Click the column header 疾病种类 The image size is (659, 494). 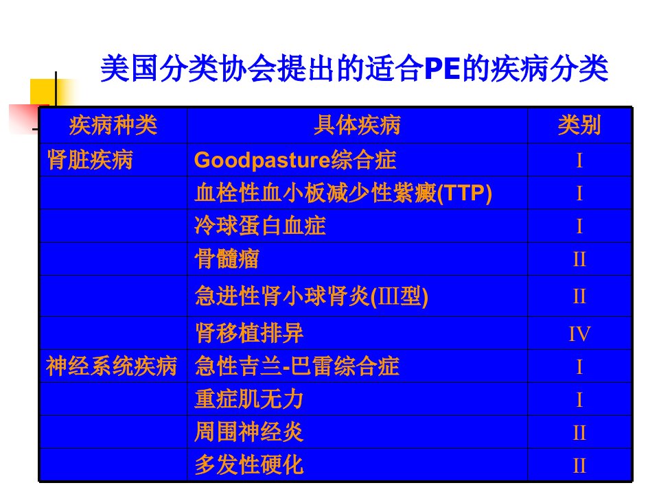tap(113, 125)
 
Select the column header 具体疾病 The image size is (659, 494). tap(357, 125)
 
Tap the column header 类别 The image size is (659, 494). tap(579, 125)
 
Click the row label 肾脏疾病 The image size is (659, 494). tap(90, 160)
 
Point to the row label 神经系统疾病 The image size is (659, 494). tap(111, 366)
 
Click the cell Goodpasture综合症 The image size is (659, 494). tap(295, 160)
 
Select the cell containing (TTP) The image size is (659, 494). tap(343, 193)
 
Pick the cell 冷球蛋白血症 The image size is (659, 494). tap(260, 226)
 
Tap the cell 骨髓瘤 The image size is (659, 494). tap(227, 259)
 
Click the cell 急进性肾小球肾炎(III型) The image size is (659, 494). tap(312, 296)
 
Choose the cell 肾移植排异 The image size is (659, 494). tap(249, 333)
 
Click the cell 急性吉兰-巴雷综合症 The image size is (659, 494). tap(297, 366)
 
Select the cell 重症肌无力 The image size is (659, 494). tap(249, 399)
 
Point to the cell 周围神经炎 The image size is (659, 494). tap(249, 432)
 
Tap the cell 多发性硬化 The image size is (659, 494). tap(249, 465)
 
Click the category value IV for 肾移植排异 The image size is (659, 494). tap(579, 334)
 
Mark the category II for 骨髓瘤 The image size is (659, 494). tap(579, 259)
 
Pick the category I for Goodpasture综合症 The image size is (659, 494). tap(579, 161)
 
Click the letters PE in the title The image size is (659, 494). tap(442, 69)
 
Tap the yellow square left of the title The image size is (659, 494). tap(43, 91)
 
